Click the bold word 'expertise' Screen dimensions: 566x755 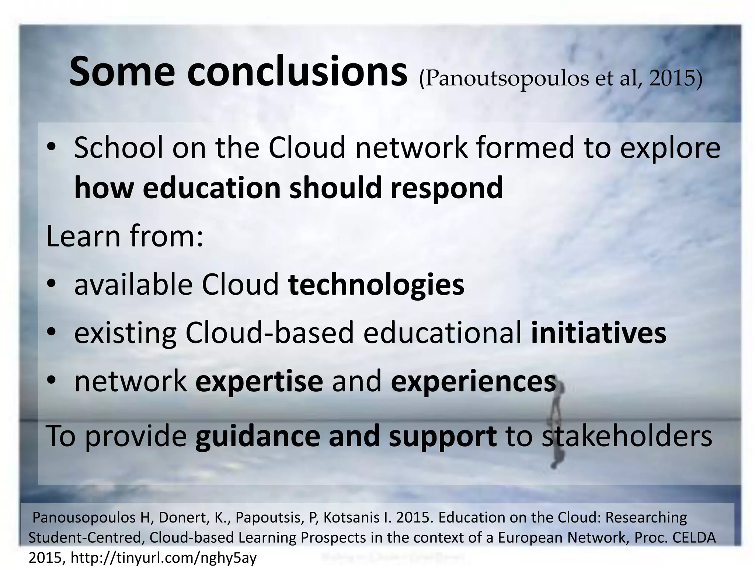pos(259,381)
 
